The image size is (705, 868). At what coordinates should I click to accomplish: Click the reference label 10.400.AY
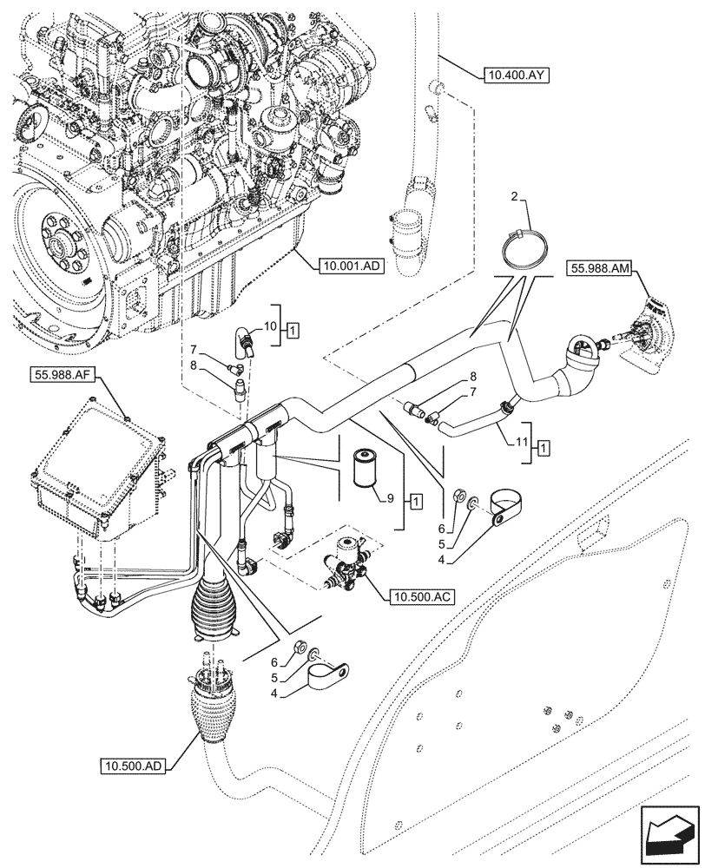(x=517, y=76)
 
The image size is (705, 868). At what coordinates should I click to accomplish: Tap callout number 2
(x=515, y=200)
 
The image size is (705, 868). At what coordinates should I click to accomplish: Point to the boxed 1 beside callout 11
(x=544, y=448)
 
